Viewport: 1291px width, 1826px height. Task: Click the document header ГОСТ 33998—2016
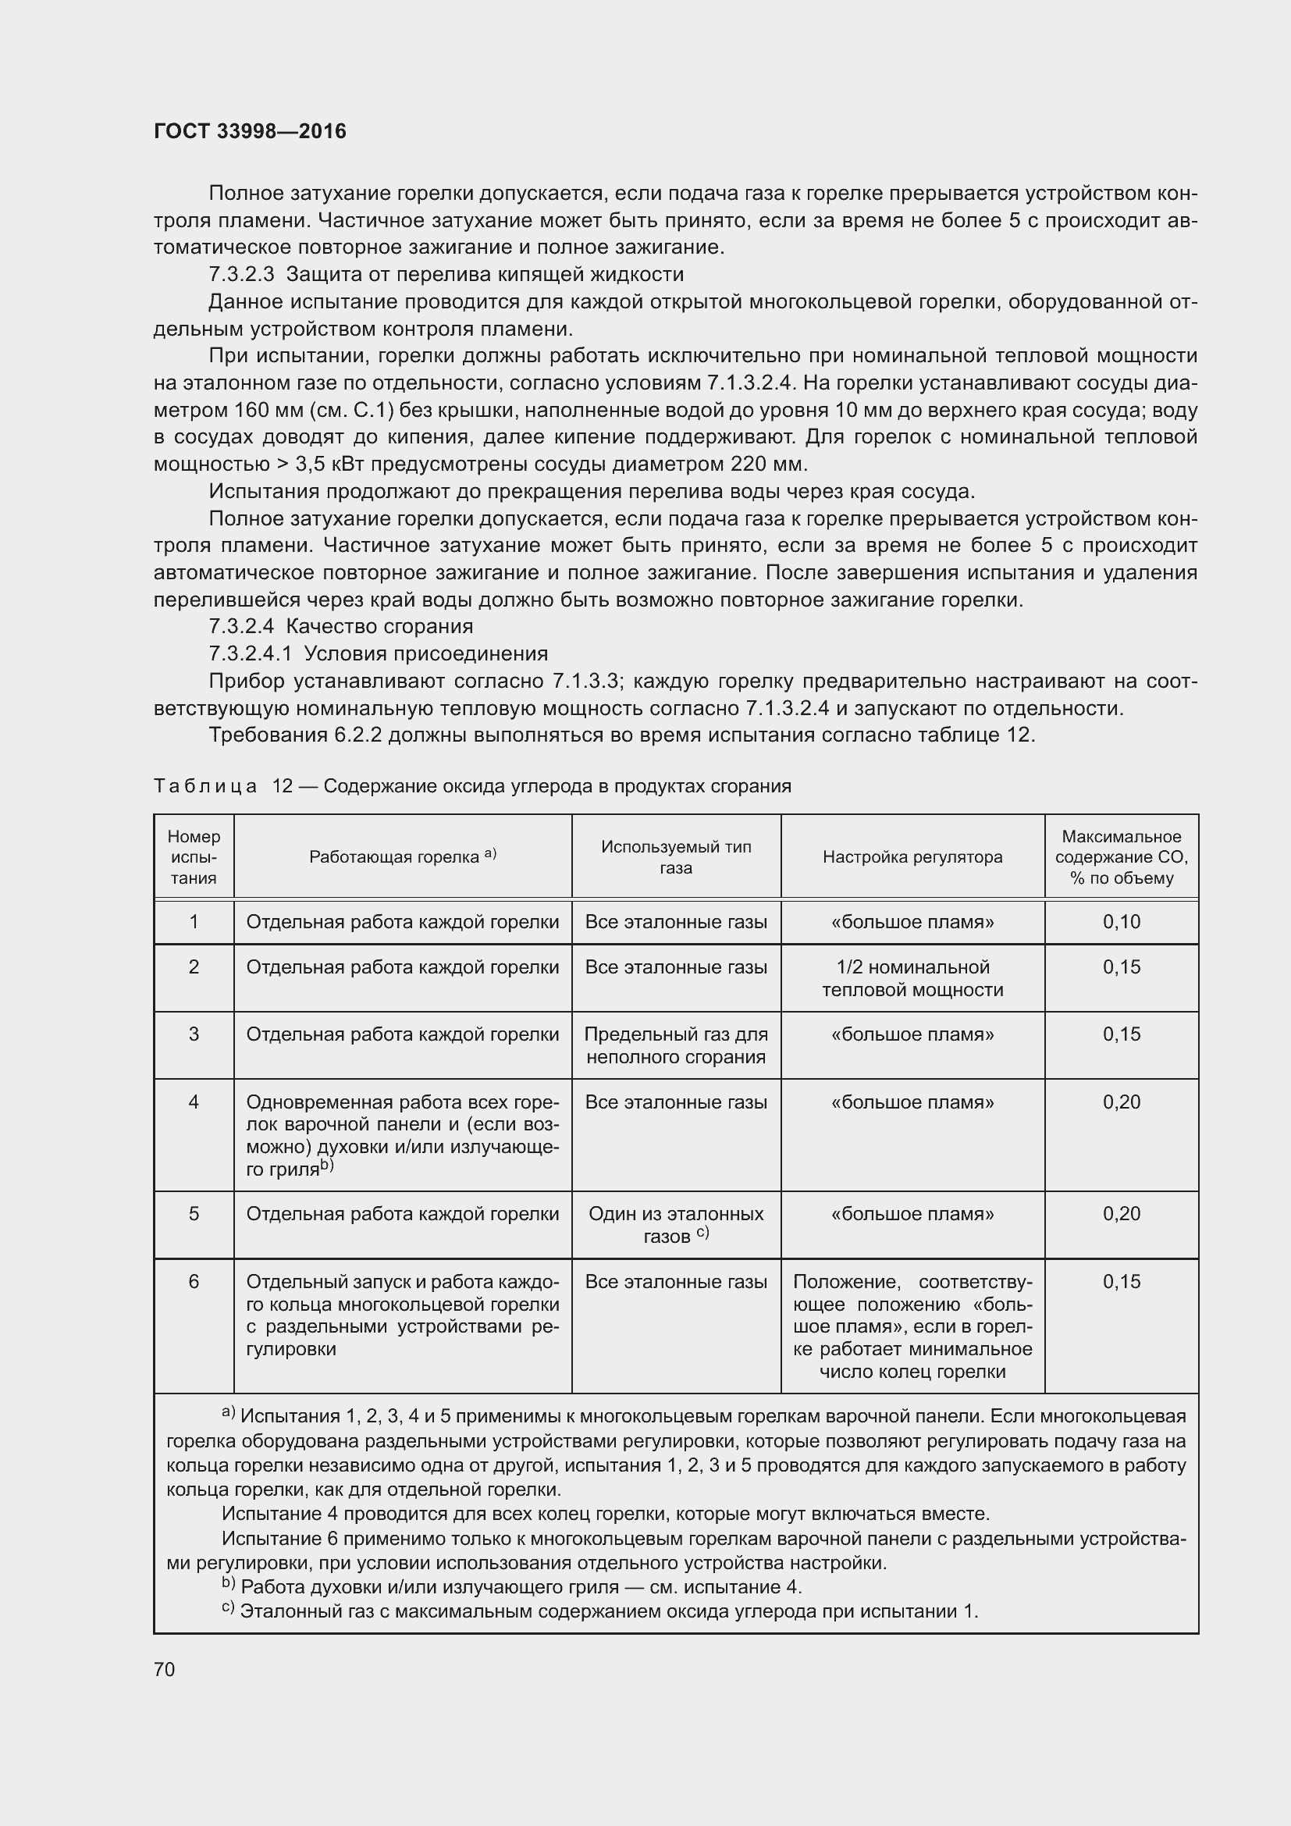pyautogui.click(x=250, y=131)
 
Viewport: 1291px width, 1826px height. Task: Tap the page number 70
pyautogui.click(x=165, y=1668)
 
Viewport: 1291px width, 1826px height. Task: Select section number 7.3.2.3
pyautogui.click(x=241, y=274)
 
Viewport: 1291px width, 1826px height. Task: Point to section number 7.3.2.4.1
pyautogui.click(x=250, y=653)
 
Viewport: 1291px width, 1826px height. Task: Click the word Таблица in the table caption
pyautogui.click(x=205, y=786)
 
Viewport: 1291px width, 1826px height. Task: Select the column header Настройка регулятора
pyautogui.click(x=912, y=856)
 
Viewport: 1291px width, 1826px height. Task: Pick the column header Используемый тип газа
pyautogui.click(x=676, y=856)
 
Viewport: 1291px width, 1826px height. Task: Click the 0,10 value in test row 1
pyautogui.click(x=1121, y=922)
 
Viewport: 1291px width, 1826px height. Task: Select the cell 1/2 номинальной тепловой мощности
pyautogui.click(x=912, y=978)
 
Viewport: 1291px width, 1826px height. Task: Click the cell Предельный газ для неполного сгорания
pyautogui.click(x=676, y=1045)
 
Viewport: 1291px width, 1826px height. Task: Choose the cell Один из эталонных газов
pyautogui.click(x=676, y=1224)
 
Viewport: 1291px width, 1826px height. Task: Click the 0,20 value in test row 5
pyautogui.click(x=1121, y=1214)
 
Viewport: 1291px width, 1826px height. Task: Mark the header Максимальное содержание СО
pyautogui.click(x=1121, y=856)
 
